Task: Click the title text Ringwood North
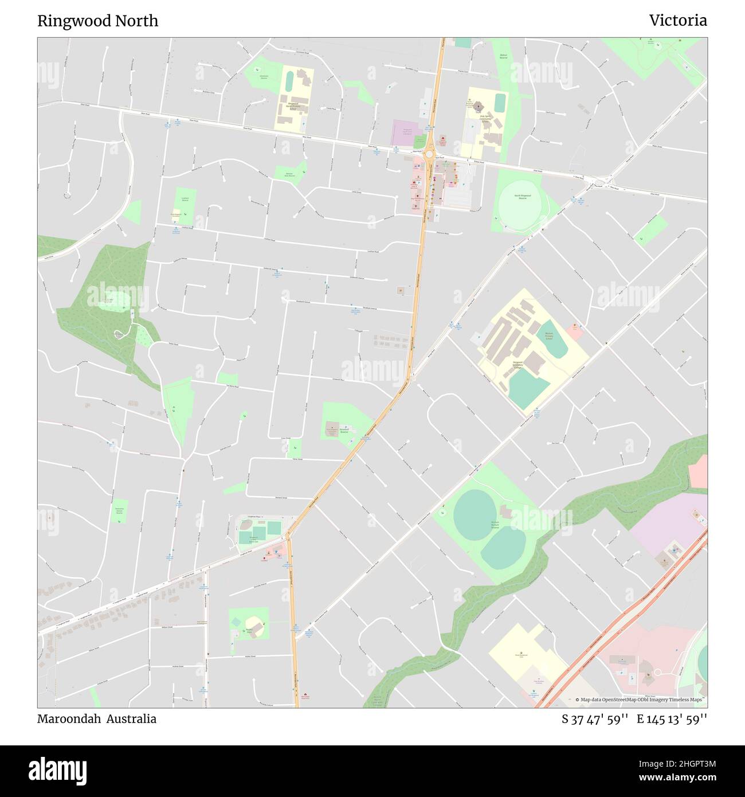point(97,21)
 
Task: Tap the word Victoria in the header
point(677,21)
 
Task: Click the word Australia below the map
point(134,719)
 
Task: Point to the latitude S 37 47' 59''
point(595,720)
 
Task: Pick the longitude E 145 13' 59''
point(672,720)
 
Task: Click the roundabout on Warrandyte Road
point(429,154)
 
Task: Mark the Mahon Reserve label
point(503,57)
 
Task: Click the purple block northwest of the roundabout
point(407,132)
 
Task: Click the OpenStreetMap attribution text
point(641,700)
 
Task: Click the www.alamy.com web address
point(678,778)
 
